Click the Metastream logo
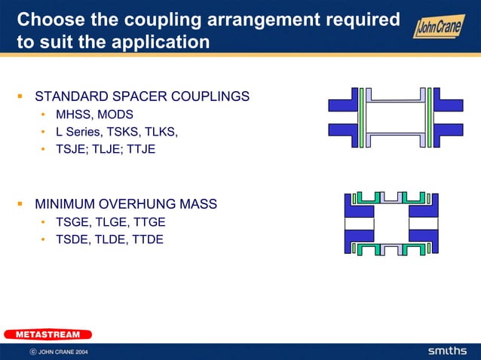(x=47, y=334)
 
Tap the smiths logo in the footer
(x=448, y=351)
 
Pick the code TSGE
(x=72, y=222)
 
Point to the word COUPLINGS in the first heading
(x=210, y=96)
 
